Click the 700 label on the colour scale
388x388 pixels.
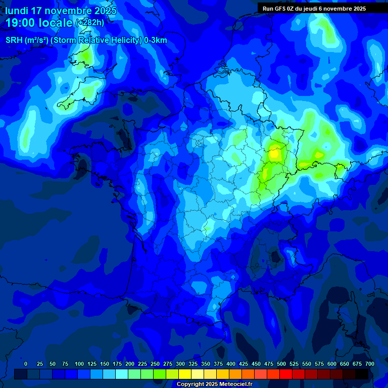[370, 364]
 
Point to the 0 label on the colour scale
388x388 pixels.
[26, 364]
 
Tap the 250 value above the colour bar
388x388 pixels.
[155, 364]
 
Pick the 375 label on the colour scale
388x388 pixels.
[218, 364]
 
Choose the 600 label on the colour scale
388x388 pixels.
[332, 364]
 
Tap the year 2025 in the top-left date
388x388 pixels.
[105, 11]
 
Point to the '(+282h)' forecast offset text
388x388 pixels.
[90, 23]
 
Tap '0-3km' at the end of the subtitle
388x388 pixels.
[156, 40]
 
